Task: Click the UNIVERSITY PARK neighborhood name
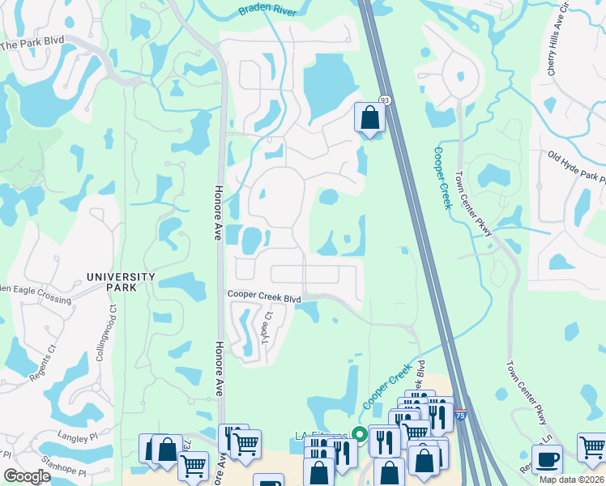click(122, 282)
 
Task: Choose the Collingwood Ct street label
click(112, 329)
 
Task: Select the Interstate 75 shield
click(459, 415)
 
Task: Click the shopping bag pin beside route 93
click(369, 118)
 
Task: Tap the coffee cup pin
click(547, 459)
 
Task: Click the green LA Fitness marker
click(356, 434)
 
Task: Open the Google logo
click(27, 476)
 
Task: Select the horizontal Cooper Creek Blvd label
click(264, 298)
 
